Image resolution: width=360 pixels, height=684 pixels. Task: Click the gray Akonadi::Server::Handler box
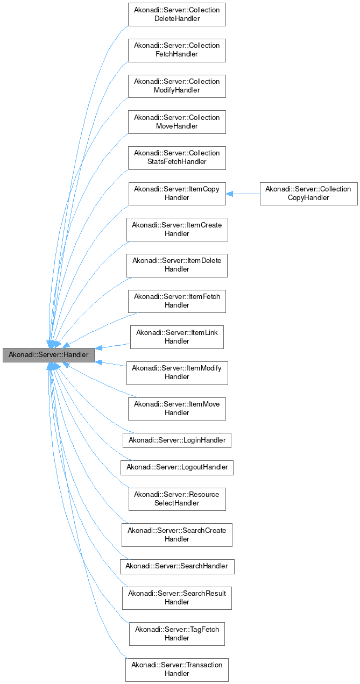pos(48,355)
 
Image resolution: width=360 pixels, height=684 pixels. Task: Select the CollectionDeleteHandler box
pos(177,15)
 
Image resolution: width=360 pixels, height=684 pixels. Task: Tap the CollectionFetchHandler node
pos(177,50)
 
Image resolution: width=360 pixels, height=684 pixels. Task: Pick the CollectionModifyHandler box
pos(177,86)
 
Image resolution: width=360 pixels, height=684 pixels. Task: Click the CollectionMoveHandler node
pos(177,122)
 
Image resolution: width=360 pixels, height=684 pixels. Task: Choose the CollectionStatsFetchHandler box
pos(177,158)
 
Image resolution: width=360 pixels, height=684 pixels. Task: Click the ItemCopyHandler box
pos(177,194)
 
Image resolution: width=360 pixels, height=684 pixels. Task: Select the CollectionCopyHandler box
pos(308,194)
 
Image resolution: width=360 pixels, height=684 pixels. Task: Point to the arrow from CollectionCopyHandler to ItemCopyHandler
pos(243,194)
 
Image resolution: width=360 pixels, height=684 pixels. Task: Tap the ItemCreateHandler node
pos(177,230)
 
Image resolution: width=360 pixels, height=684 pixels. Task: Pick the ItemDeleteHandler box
pos(177,265)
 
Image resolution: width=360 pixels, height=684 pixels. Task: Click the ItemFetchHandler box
pos(177,301)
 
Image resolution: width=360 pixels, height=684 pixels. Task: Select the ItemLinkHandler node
pos(177,337)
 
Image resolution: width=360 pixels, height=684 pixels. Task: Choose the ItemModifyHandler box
pos(177,373)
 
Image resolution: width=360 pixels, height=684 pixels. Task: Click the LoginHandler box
pos(177,440)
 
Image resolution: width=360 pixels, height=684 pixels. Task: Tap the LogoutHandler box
pos(177,467)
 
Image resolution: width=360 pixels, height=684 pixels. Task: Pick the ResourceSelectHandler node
pos(177,499)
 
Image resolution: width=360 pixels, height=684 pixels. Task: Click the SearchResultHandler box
pos(177,598)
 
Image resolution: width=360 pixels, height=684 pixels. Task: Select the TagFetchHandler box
pos(177,634)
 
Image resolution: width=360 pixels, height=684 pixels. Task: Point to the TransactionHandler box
pos(177,669)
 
